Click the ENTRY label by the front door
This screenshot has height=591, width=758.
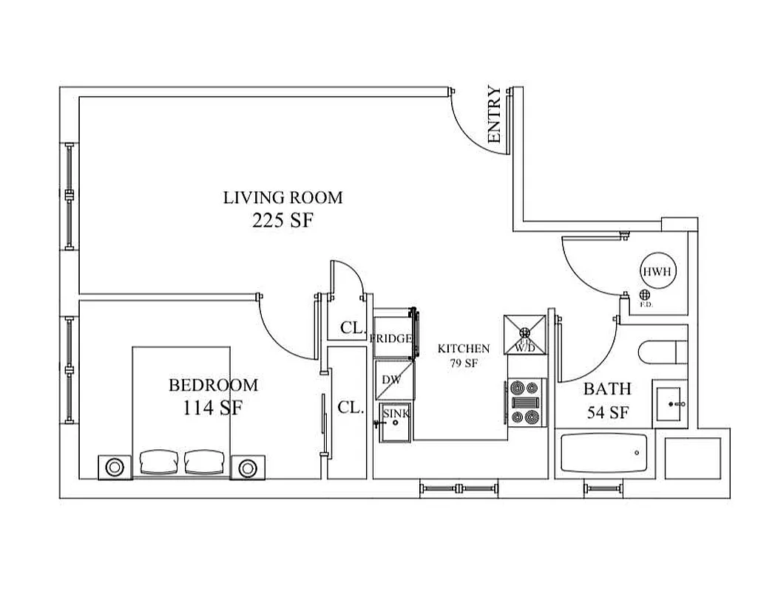click(494, 115)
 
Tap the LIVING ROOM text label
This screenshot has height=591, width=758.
click(283, 197)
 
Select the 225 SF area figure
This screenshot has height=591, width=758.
click(283, 220)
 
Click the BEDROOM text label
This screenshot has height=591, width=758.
click(214, 385)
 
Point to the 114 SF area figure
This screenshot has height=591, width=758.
click(214, 408)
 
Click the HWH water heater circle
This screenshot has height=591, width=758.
click(656, 272)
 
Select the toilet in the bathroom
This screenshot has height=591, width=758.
click(662, 353)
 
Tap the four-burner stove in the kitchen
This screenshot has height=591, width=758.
click(525, 403)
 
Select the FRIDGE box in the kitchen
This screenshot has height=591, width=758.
click(392, 338)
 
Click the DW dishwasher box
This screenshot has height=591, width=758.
click(392, 380)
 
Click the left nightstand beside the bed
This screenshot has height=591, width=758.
click(115, 467)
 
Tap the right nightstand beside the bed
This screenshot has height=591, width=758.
click(247, 467)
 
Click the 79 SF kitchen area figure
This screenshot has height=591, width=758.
click(464, 362)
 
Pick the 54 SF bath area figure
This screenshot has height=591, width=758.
click(608, 412)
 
